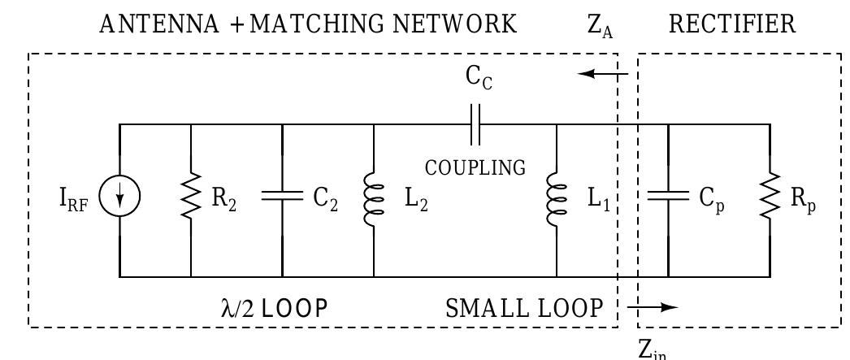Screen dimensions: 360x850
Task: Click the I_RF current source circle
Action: pos(120,199)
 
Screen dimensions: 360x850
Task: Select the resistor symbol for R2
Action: pos(191,199)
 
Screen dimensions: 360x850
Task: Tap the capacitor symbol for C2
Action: pos(282,199)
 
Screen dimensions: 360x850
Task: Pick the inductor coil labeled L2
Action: pos(374,200)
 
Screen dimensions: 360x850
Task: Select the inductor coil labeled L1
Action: pos(557,200)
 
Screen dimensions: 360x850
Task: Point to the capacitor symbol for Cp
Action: pos(667,199)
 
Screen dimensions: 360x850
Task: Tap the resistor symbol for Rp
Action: pos(769,199)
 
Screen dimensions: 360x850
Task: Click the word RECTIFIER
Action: pos(732,24)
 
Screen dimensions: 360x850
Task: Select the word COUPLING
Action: pos(475,168)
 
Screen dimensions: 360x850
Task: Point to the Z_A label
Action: pos(600,26)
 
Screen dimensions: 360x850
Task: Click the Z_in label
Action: pos(653,349)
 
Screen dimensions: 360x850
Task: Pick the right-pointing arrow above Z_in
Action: pos(655,307)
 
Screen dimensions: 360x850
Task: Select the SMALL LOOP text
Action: pos(524,308)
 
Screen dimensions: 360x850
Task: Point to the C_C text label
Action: pos(479,78)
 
